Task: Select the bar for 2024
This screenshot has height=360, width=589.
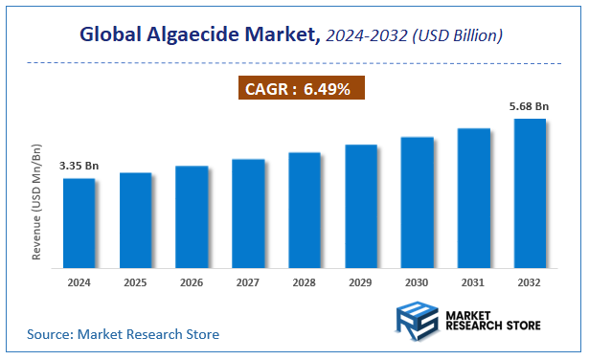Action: click(x=79, y=223)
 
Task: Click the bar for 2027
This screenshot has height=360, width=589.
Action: click(x=248, y=214)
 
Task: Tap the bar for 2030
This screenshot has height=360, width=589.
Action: click(x=417, y=202)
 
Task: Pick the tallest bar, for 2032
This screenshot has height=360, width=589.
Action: click(x=530, y=193)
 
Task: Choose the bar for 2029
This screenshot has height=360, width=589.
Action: click(x=360, y=206)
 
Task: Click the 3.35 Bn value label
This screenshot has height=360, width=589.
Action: click(x=79, y=166)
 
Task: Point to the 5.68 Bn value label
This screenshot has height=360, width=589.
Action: click(x=529, y=106)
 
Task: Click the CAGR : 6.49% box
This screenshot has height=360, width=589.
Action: click(x=301, y=90)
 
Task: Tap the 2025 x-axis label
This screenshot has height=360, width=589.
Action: click(x=135, y=283)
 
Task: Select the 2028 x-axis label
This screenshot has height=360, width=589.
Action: click(x=305, y=283)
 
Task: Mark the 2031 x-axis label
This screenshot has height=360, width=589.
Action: click(x=473, y=283)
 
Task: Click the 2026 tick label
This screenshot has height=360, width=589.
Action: click(x=192, y=283)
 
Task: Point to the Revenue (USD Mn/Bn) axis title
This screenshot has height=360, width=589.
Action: click(x=37, y=202)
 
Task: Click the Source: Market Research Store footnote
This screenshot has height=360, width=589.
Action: click(x=124, y=334)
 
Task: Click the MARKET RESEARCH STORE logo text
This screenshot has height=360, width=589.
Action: click(x=492, y=320)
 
